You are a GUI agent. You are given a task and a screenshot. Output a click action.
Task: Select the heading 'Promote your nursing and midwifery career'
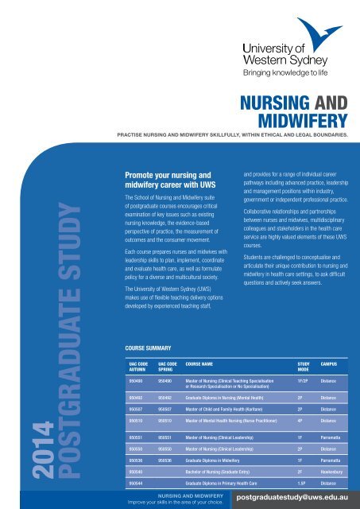(x=163, y=178)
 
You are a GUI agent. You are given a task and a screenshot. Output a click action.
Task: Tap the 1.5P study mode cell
(x=280, y=482)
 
